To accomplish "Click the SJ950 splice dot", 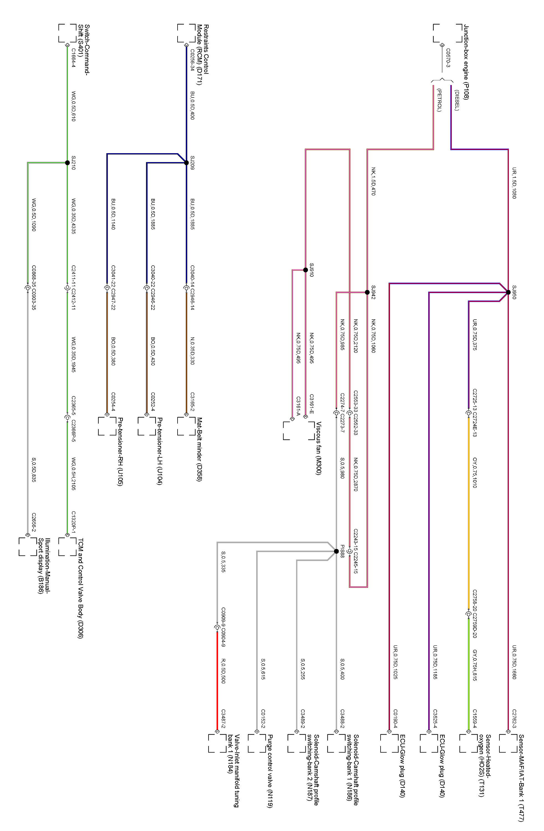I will coord(508,292).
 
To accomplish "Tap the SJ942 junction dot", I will coord(367,292).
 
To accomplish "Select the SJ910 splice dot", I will coord(306,270).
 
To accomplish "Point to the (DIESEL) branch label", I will coord(457,100).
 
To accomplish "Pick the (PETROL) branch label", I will coord(439,101).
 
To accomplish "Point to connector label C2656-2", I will coord(34,522).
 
